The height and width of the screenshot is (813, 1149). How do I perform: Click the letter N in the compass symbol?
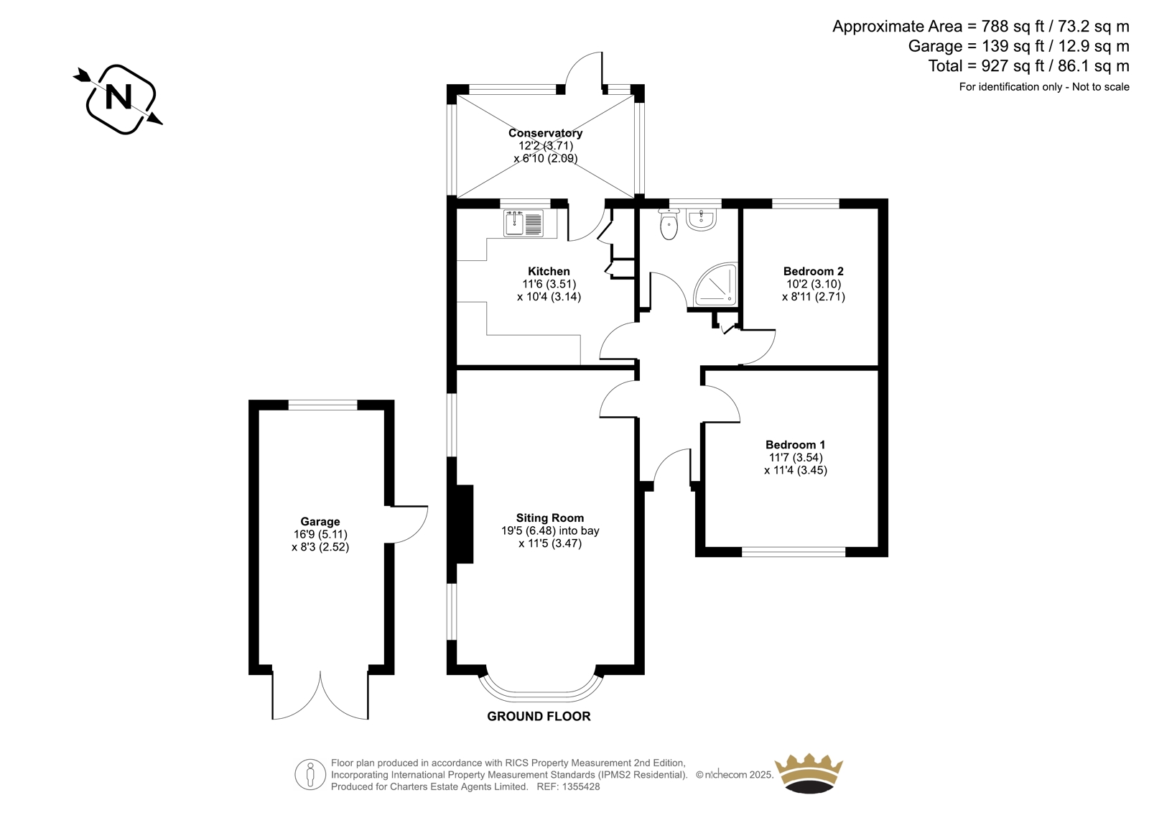point(118,97)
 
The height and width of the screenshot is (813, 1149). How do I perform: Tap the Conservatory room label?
point(545,133)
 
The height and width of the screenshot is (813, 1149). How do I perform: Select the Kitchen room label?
point(549,271)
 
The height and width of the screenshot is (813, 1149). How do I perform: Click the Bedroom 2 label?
point(814,271)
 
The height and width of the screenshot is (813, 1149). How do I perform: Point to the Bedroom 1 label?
point(796,445)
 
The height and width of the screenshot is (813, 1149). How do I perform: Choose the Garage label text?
point(320,523)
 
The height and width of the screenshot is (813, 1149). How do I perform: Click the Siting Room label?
point(550,518)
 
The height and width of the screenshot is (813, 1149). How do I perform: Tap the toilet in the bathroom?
point(669,225)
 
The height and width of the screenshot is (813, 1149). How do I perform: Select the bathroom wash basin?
point(701,220)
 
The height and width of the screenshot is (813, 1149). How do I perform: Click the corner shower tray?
point(715,285)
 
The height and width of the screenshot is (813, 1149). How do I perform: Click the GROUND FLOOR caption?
point(539,717)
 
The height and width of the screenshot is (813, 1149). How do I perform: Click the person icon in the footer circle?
point(310,774)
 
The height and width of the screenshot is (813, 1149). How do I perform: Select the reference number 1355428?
point(581,787)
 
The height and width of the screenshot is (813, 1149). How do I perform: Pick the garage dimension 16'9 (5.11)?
point(320,535)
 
